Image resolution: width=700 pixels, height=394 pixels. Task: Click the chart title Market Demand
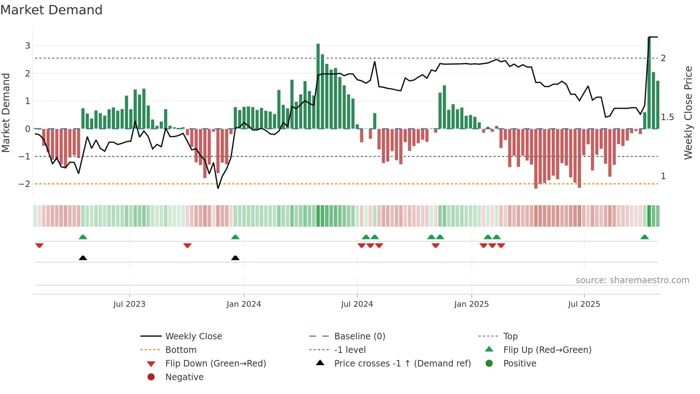pyautogui.click(x=51, y=10)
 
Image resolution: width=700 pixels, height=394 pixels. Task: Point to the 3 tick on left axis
pyautogui.click(x=27, y=46)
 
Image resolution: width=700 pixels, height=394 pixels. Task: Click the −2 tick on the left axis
pyautogui.click(x=25, y=184)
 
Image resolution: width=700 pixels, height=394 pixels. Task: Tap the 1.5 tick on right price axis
pyautogui.click(x=667, y=117)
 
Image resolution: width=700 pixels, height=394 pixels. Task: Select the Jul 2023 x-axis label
pyautogui.click(x=129, y=304)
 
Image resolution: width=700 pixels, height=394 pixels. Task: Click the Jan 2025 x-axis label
pyautogui.click(x=471, y=304)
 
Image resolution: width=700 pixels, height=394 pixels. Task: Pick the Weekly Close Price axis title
pyautogui.click(x=688, y=113)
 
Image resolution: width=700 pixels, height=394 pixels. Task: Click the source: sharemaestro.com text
pyautogui.click(x=632, y=280)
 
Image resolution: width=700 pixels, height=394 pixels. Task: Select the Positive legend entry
pyautogui.click(x=520, y=364)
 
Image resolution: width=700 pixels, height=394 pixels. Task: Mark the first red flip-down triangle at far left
pyautogui.click(x=39, y=245)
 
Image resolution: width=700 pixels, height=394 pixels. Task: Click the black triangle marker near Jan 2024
pyautogui.click(x=235, y=258)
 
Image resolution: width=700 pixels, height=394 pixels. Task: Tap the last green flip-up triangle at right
pyautogui.click(x=644, y=237)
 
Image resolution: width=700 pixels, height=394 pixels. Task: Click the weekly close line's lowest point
pyautogui.click(x=218, y=188)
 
